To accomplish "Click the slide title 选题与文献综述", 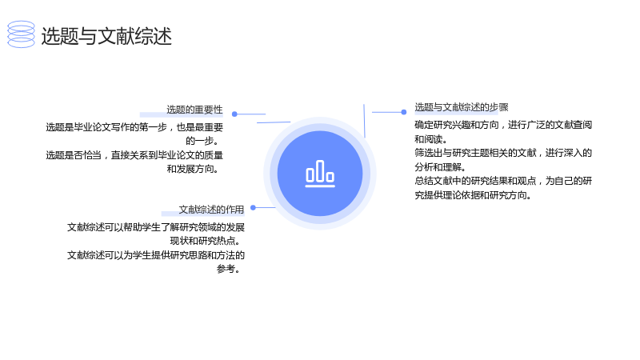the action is tap(106, 36).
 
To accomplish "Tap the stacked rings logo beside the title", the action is tap(22, 34).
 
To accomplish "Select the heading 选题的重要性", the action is tap(194, 110).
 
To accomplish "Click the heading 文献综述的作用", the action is tap(211, 210).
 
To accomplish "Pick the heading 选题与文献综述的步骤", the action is tap(462, 107).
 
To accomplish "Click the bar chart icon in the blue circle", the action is tap(320, 174).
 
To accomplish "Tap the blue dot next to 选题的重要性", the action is tap(234, 114).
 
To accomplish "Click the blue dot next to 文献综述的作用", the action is tap(253, 208).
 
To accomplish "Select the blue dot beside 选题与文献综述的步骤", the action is tap(404, 112).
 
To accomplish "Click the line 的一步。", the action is tap(204, 141).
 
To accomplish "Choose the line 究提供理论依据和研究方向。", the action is tap(473, 194).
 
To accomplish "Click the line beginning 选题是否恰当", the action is tap(134, 155).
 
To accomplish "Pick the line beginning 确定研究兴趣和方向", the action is tap(503, 125).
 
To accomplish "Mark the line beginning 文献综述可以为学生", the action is tap(156, 255).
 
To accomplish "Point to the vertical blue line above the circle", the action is tap(364, 121).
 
